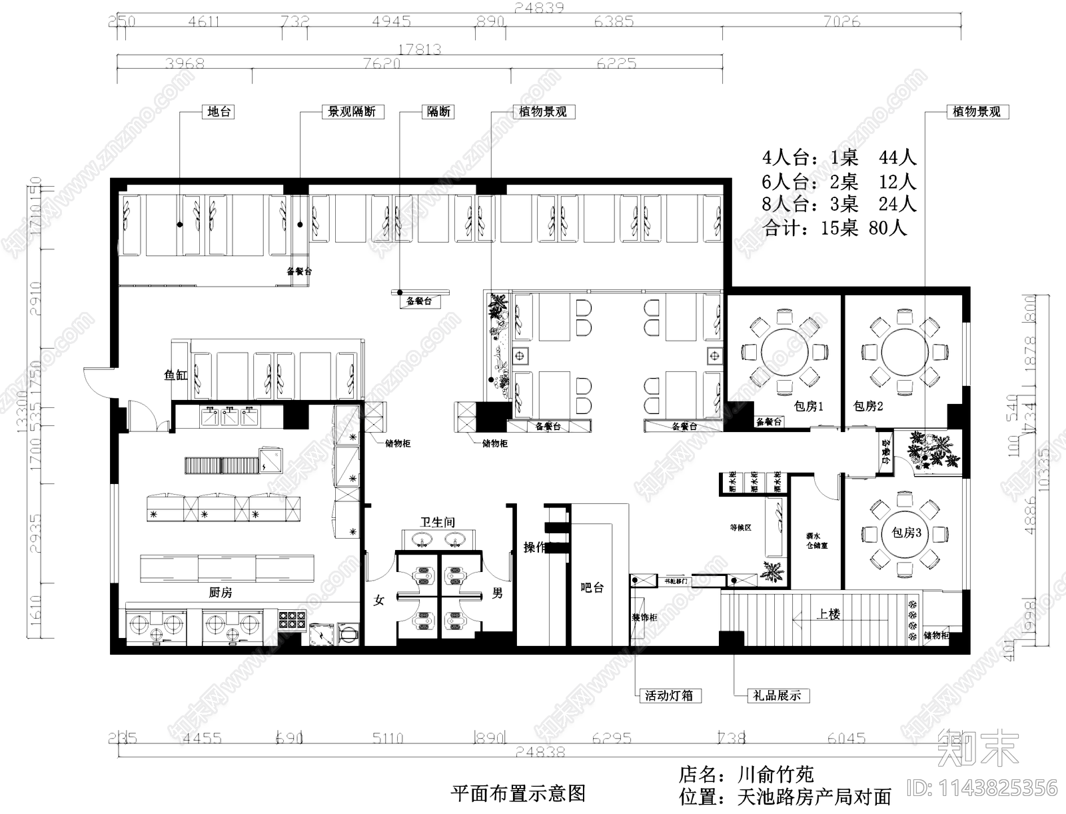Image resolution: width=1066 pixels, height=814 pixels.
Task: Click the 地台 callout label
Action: [219, 112]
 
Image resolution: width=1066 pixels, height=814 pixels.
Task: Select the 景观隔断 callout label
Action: [352, 112]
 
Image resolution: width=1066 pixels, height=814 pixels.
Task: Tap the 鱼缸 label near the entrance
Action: [176, 375]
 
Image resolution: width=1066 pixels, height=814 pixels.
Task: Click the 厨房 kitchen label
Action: [221, 592]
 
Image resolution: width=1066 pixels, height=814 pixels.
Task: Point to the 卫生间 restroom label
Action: [437, 522]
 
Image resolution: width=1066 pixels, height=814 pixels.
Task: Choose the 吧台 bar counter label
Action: [592, 588]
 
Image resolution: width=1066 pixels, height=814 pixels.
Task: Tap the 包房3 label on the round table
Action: [906, 533]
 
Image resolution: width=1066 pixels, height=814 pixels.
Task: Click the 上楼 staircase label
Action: [828, 614]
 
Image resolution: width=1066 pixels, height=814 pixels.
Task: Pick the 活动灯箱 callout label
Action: [669, 695]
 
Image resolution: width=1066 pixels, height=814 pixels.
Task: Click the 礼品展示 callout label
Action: [776, 695]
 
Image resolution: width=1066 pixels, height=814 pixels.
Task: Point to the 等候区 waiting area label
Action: [740, 527]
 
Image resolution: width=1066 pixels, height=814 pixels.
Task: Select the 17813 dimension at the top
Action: [420, 49]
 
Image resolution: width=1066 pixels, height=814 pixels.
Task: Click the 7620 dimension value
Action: [382, 64]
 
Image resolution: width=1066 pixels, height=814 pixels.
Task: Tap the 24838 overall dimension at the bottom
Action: [540, 752]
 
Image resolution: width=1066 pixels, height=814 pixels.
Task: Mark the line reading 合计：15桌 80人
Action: [835, 228]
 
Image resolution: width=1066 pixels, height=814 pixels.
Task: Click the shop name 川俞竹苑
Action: [776, 775]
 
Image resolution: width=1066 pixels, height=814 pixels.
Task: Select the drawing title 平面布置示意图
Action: [518, 793]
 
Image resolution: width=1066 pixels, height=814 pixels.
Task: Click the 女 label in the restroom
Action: [379, 601]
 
